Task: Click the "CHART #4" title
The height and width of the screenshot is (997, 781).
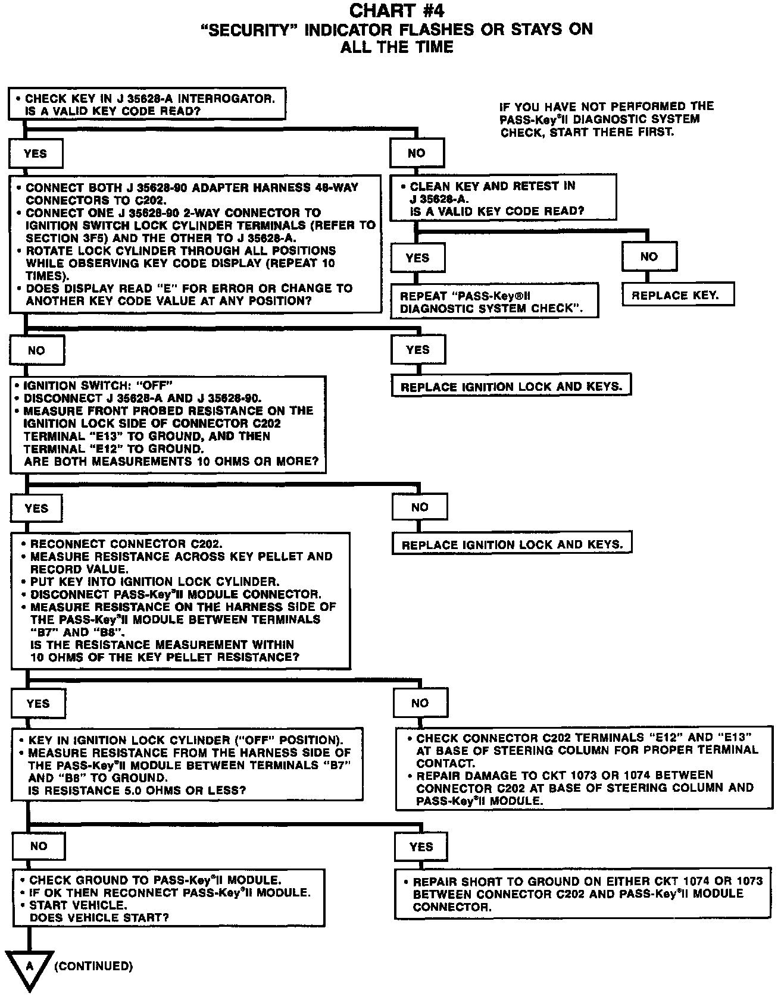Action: click(x=396, y=11)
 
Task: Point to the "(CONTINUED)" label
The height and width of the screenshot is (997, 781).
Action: click(x=93, y=966)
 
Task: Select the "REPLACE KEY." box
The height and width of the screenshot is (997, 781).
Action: click(x=675, y=296)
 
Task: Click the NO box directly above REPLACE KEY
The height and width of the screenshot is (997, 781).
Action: click(x=649, y=257)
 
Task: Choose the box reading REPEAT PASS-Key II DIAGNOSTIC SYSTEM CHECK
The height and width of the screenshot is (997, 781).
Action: click(x=494, y=302)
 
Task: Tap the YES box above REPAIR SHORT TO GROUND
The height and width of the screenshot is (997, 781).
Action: click(x=421, y=846)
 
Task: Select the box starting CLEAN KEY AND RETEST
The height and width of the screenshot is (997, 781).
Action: click(x=503, y=198)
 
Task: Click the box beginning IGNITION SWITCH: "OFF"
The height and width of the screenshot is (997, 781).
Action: click(x=168, y=424)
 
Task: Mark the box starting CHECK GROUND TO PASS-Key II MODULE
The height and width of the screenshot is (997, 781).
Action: click(x=169, y=898)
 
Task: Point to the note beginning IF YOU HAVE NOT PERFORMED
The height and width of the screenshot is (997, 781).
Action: click(x=607, y=119)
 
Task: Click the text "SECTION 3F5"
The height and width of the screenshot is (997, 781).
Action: click(x=58, y=238)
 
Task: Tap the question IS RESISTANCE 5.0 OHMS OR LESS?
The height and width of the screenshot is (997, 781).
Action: click(x=137, y=790)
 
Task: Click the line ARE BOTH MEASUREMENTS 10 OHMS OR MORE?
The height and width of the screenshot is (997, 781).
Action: click(x=171, y=462)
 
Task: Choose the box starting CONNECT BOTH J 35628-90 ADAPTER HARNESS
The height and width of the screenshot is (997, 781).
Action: click(x=195, y=244)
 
